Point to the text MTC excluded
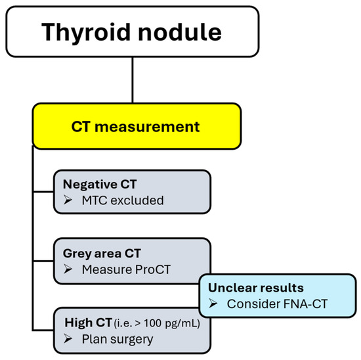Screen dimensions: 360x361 (x=122, y=200)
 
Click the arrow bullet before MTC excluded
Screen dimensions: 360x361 (x=67, y=200)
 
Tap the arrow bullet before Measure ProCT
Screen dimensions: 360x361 (x=67, y=269)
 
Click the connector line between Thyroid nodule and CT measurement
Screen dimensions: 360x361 (x=133, y=79)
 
